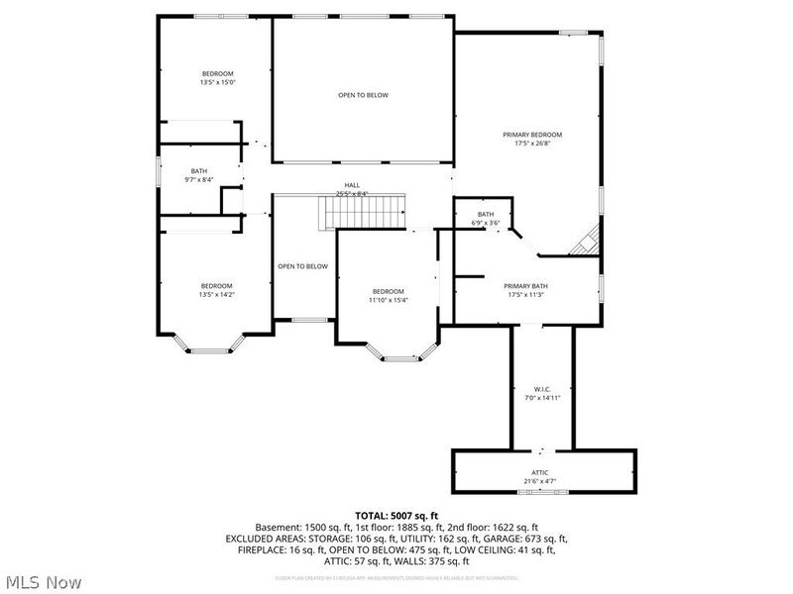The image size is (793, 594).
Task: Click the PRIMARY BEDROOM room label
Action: point(532,135)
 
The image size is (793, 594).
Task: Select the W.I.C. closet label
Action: point(541,389)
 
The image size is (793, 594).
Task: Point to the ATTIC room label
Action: point(540,472)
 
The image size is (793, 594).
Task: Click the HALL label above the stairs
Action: point(352,185)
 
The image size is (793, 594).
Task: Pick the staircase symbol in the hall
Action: point(362,211)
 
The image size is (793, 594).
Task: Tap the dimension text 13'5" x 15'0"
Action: point(217,83)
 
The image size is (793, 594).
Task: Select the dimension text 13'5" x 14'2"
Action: point(217,294)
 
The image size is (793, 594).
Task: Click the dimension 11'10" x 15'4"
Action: point(390,300)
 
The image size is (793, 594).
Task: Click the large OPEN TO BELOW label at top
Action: point(363,95)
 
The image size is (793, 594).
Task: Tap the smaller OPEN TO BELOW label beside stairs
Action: point(302,266)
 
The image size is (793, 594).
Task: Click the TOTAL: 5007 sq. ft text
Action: point(396,514)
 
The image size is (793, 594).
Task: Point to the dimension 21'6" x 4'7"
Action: point(540,482)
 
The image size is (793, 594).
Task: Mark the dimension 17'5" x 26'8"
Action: point(532,144)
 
